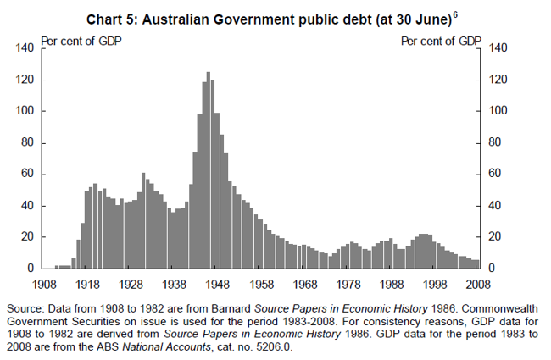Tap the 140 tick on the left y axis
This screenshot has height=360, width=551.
tap(25, 48)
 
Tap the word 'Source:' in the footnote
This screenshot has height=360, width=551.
tap(25, 308)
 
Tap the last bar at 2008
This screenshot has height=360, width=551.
tap(476, 264)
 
